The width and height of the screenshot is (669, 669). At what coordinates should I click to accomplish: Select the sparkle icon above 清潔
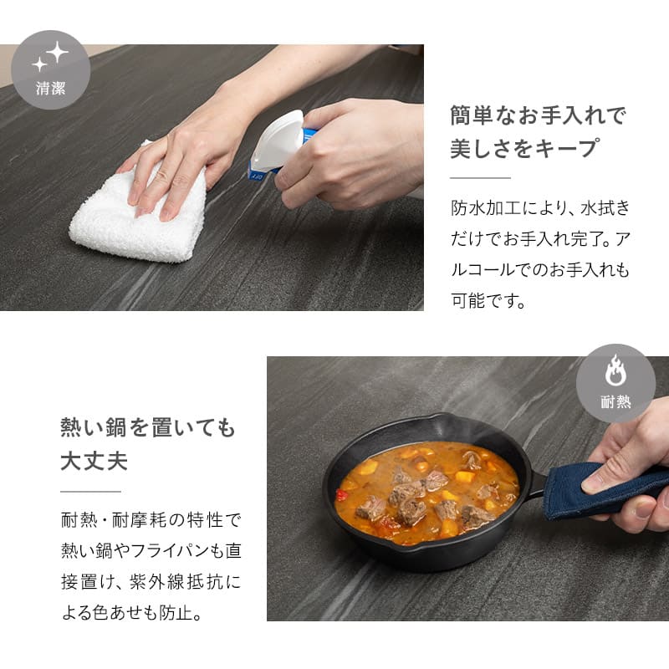tap(51, 57)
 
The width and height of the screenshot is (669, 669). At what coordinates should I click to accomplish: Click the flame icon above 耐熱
tap(615, 370)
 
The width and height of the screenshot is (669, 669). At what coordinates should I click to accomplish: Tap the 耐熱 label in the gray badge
tap(615, 402)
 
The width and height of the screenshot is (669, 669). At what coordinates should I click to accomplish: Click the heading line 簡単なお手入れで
tap(538, 115)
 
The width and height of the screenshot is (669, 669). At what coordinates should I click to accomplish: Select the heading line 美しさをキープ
tap(524, 148)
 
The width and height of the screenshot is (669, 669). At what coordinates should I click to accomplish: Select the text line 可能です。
tap(488, 301)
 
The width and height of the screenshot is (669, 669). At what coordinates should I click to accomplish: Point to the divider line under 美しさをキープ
tap(480, 177)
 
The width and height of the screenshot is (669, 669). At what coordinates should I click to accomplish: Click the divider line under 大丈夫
tap(90, 491)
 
